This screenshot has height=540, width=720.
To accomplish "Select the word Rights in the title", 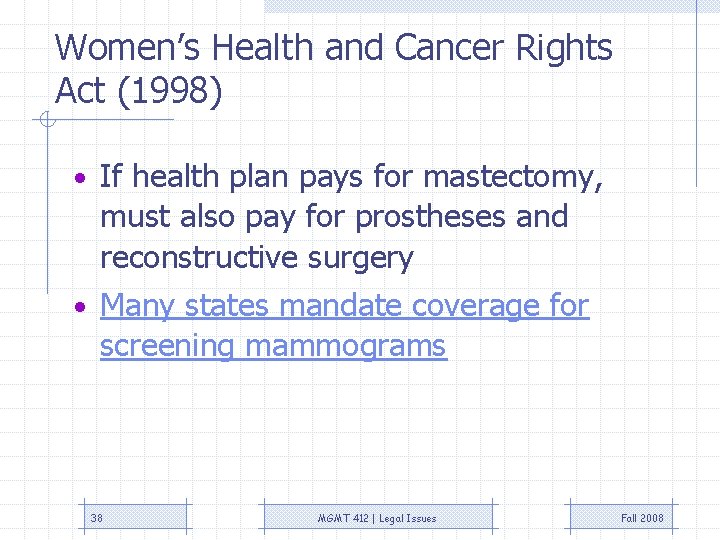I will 566,48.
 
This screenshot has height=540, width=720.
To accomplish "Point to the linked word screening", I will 167,346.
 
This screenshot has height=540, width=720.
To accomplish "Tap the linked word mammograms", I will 346,346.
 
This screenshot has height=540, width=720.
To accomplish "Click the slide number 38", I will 97,518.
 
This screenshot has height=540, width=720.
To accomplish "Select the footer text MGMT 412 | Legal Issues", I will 377,518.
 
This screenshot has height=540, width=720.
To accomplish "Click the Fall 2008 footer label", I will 642,518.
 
